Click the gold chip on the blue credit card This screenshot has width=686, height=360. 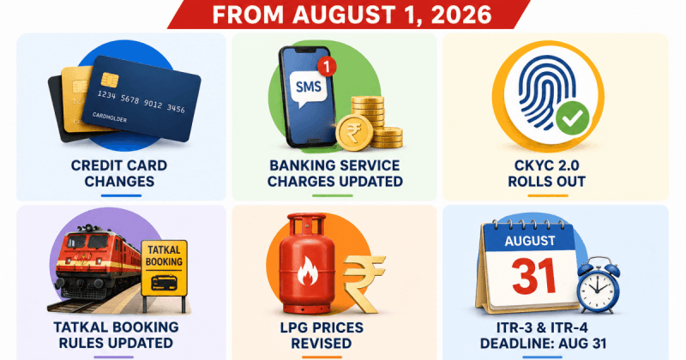110,80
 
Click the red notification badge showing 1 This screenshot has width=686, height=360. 327,67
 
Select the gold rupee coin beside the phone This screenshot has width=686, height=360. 354,132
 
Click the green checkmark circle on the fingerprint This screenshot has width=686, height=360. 573,117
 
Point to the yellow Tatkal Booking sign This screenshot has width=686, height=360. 164,268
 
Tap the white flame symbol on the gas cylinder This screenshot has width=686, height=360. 307,271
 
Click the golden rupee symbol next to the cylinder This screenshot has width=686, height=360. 363,284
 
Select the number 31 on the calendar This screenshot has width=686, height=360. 533,277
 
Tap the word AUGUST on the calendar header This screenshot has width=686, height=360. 530,241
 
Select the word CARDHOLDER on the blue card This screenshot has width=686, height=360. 110,117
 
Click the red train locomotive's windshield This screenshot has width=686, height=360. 87,242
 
